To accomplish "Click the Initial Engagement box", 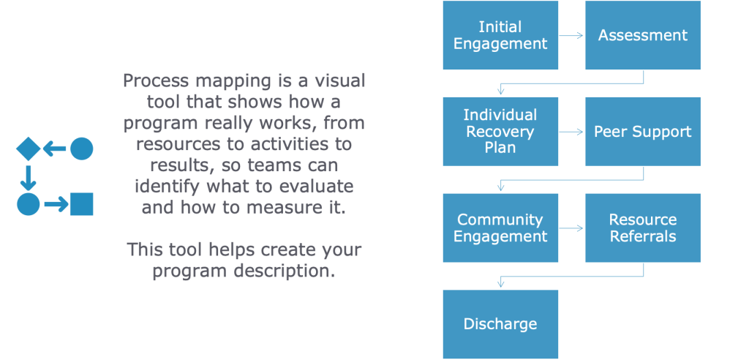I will tap(500, 35).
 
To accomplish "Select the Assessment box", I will tap(643, 35).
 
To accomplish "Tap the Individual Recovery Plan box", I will tap(500, 132).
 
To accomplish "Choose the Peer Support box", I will tap(643, 132).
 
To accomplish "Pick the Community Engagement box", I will tap(500, 228).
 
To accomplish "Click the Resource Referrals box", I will tap(643, 228).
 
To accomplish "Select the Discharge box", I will tap(500, 324).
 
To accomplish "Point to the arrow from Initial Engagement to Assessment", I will tap(571, 35).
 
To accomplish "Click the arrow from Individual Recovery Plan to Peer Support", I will tap(571, 132).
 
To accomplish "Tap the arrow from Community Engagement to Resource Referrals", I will tap(571, 228).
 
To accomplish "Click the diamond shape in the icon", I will tap(29, 149).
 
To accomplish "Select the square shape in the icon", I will tap(82, 203).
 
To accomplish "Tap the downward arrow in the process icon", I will tap(29, 176).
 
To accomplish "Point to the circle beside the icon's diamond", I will tap(81, 149).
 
